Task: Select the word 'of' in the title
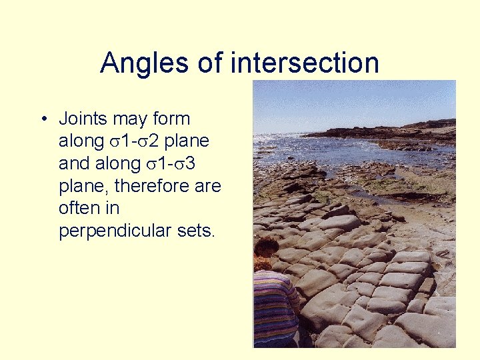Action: click(x=211, y=63)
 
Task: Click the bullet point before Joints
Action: click(x=42, y=120)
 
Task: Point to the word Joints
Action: click(x=83, y=119)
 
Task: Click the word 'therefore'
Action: click(x=147, y=186)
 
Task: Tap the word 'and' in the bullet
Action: click(x=73, y=164)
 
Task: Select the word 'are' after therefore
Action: click(x=207, y=186)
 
